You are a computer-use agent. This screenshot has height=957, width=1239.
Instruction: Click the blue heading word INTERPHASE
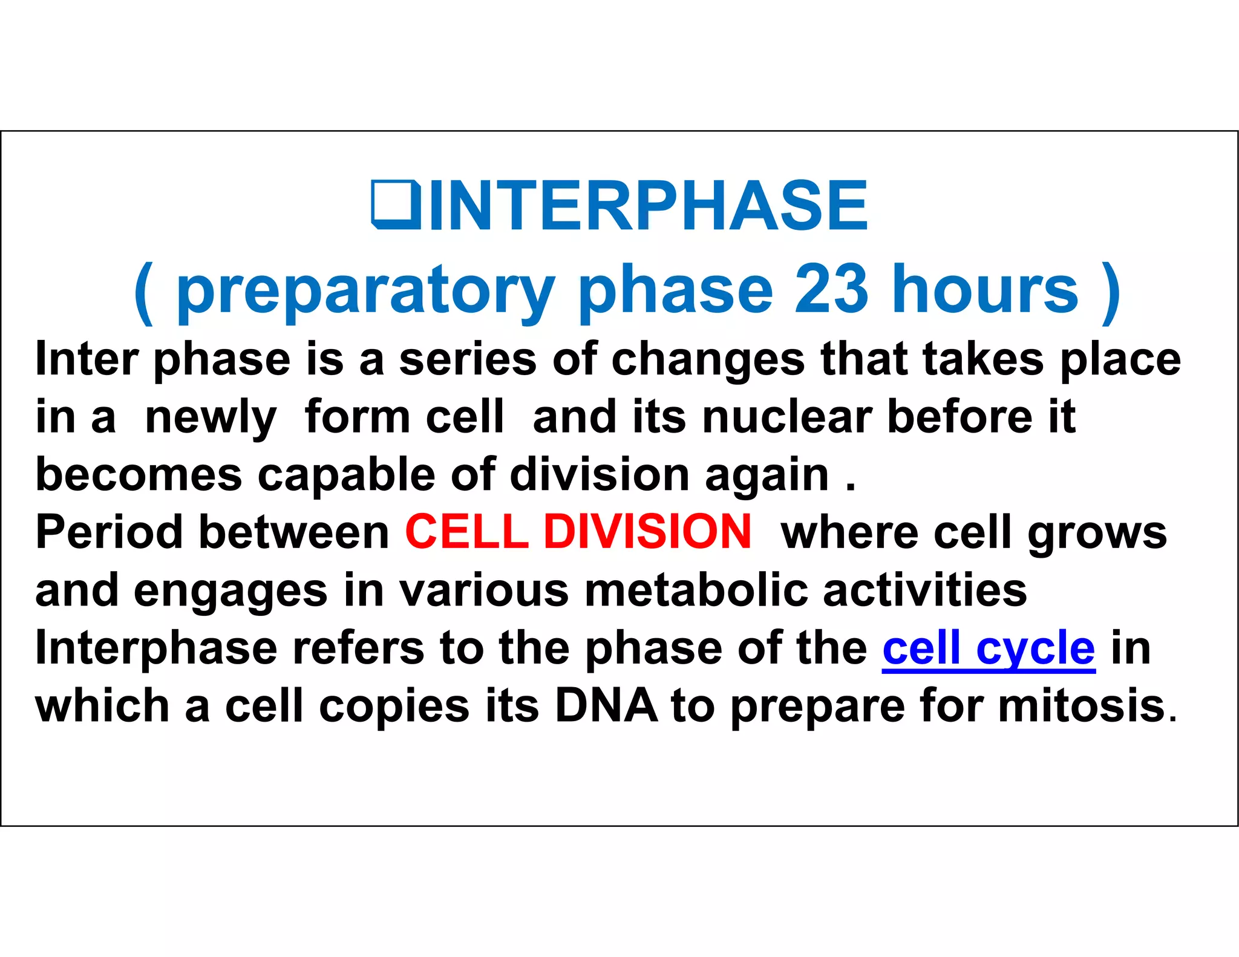click(649, 206)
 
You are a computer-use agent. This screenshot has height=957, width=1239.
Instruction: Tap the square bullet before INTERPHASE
click(396, 205)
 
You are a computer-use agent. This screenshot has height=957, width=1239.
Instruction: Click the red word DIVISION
click(647, 532)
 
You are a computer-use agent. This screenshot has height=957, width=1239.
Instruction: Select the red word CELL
click(466, 532)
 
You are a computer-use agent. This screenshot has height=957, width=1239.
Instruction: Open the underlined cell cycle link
click(988, 648)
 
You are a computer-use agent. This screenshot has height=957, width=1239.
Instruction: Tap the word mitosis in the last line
click(1081, 706)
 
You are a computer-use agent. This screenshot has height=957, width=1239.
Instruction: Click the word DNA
click(606, 706)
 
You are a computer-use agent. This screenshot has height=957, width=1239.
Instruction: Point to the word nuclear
click(786, 417)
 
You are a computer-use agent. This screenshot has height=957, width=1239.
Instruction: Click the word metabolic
click(696, 590)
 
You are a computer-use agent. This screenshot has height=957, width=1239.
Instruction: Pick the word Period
click(109, 532)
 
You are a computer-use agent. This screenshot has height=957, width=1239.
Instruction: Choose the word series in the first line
click(467, 359)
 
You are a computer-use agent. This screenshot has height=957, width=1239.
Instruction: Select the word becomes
click(139, 474)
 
